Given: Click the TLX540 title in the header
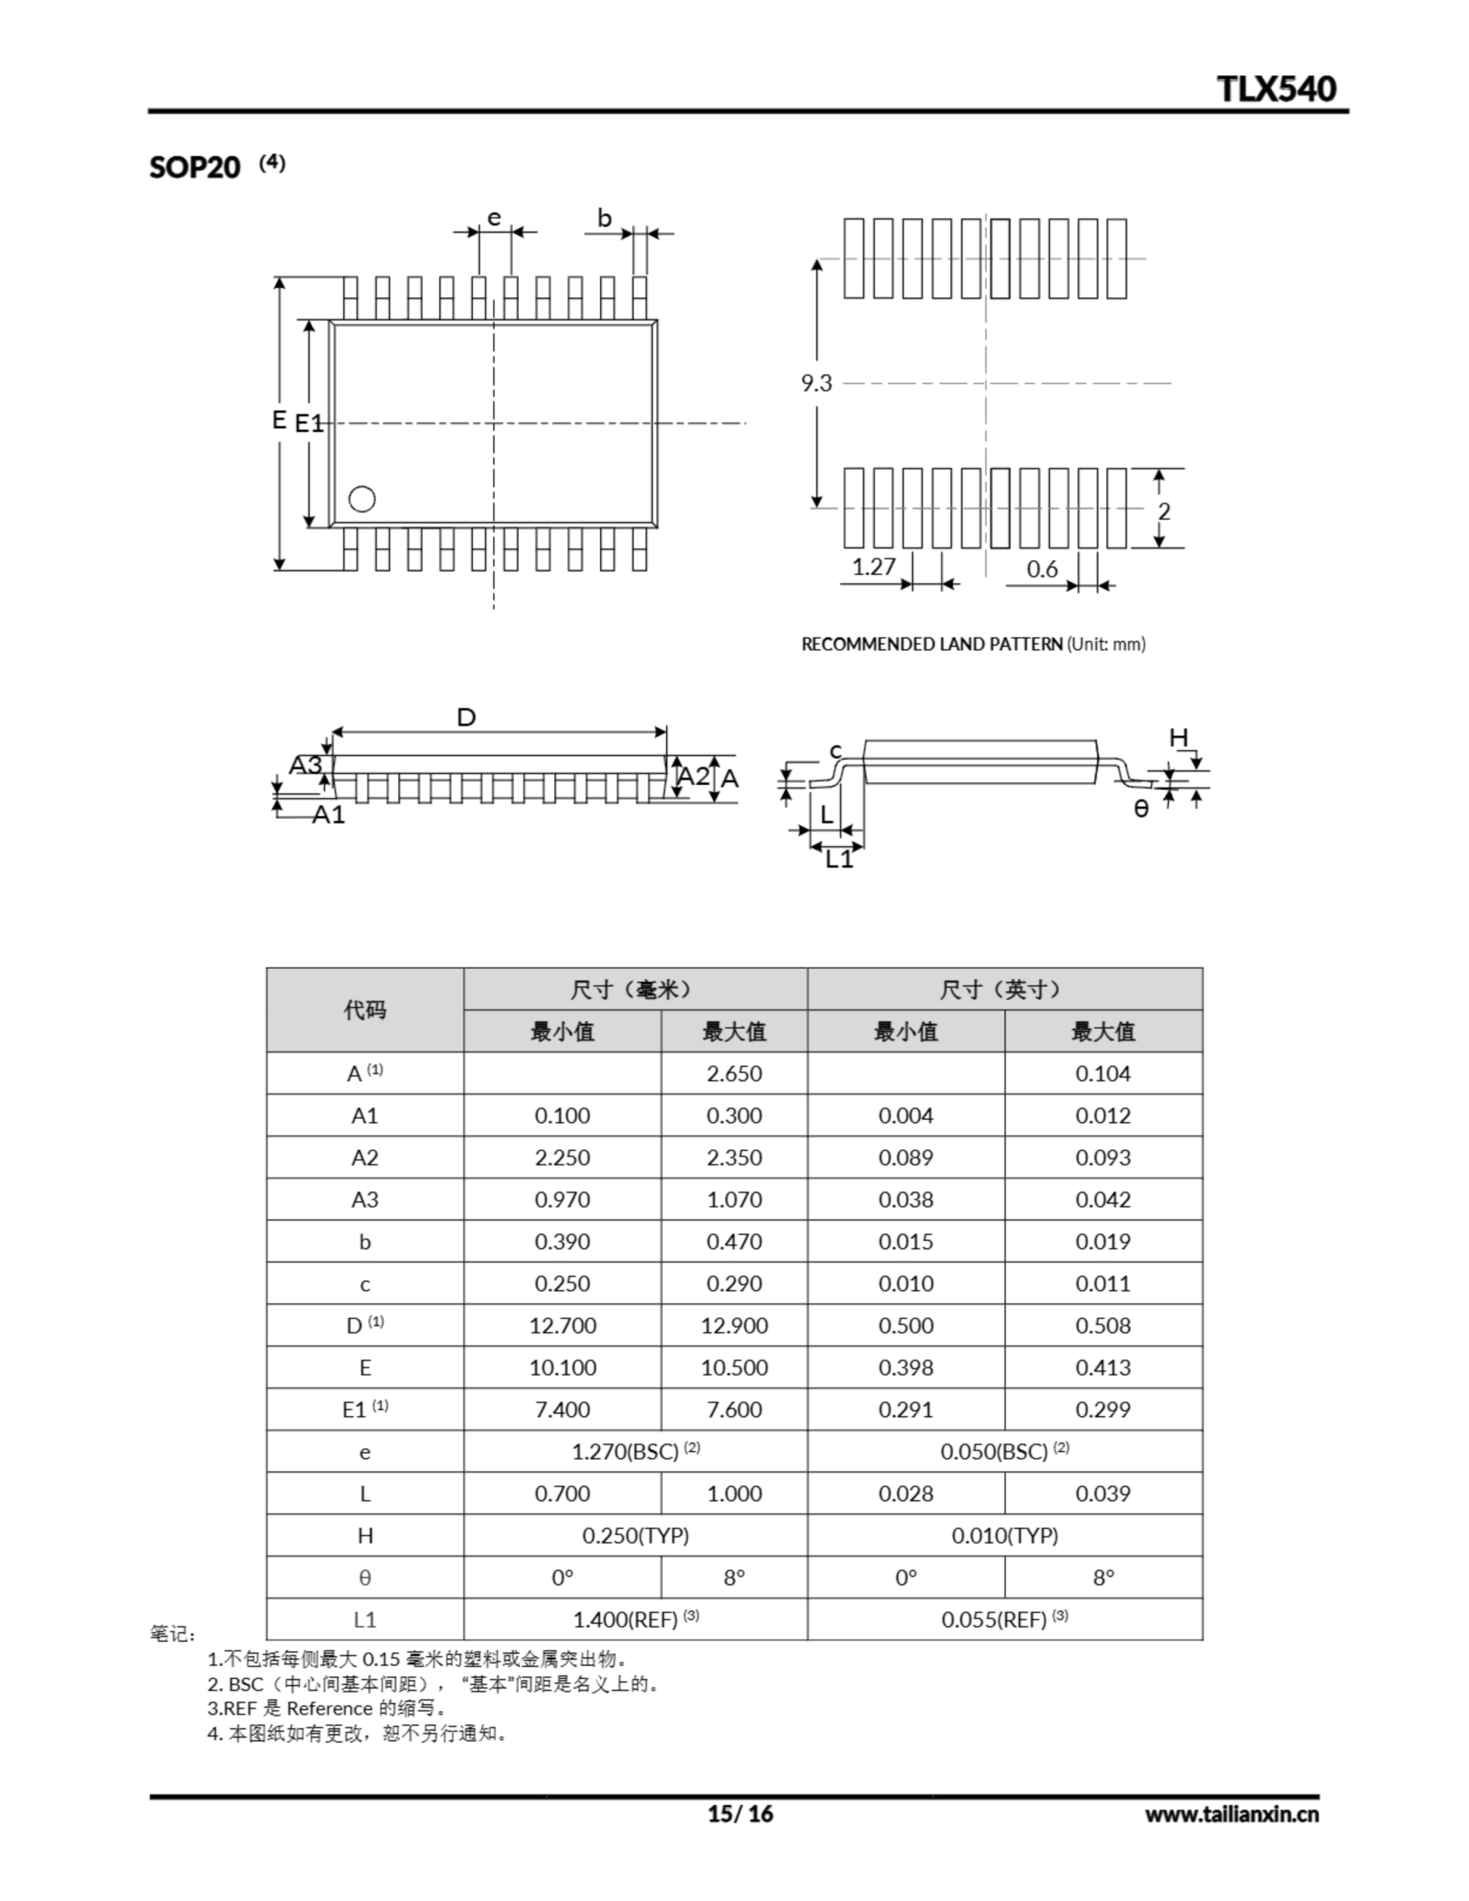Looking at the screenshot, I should (x=1276, y=89).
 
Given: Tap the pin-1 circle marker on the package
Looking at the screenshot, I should (x=362, y=499).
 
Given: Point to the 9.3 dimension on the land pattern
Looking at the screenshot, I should (x=816, y=383).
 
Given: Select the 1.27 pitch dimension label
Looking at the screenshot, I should (x=873, y=567).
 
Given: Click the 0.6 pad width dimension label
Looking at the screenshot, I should (x=1041, y=570).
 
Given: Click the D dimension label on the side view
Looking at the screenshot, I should (x=466, y=718).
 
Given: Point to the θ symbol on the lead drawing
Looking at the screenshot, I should (x=1141, y=809).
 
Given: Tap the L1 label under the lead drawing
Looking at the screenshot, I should (x=839, y=859).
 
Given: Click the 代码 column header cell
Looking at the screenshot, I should (x=365, y=1010).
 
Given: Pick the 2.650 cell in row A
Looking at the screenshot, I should (x=734, y=1073).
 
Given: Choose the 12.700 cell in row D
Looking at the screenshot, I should (x=562, y=1326).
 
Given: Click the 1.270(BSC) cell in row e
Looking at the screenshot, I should (x=635, y=1452).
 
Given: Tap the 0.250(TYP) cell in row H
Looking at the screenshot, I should (x=635, y=1536).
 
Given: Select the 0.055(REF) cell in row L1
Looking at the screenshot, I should (x=1004, y=1620).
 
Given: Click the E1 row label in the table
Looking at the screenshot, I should (x=365, y=1410).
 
